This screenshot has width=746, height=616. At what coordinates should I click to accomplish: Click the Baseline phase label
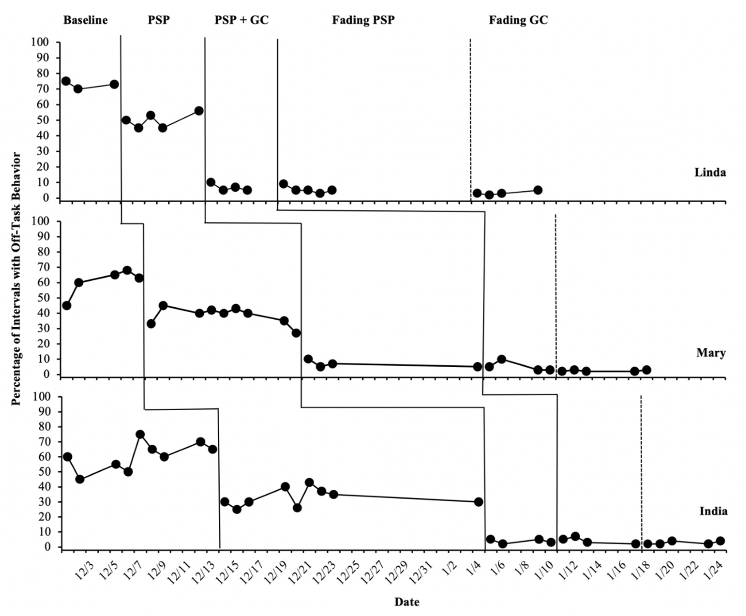coord(85,20)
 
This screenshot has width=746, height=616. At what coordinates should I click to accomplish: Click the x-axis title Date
coord(407,602)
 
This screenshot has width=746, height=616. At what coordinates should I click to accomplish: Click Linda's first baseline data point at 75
coord(66,81)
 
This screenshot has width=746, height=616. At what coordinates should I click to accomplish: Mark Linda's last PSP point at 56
coord(199,111)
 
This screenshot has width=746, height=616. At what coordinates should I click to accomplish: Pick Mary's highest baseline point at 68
coord(127,270)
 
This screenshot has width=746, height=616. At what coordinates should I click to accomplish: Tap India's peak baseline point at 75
coord(140,434)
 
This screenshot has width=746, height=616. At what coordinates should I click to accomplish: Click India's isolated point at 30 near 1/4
coord(478,502)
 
